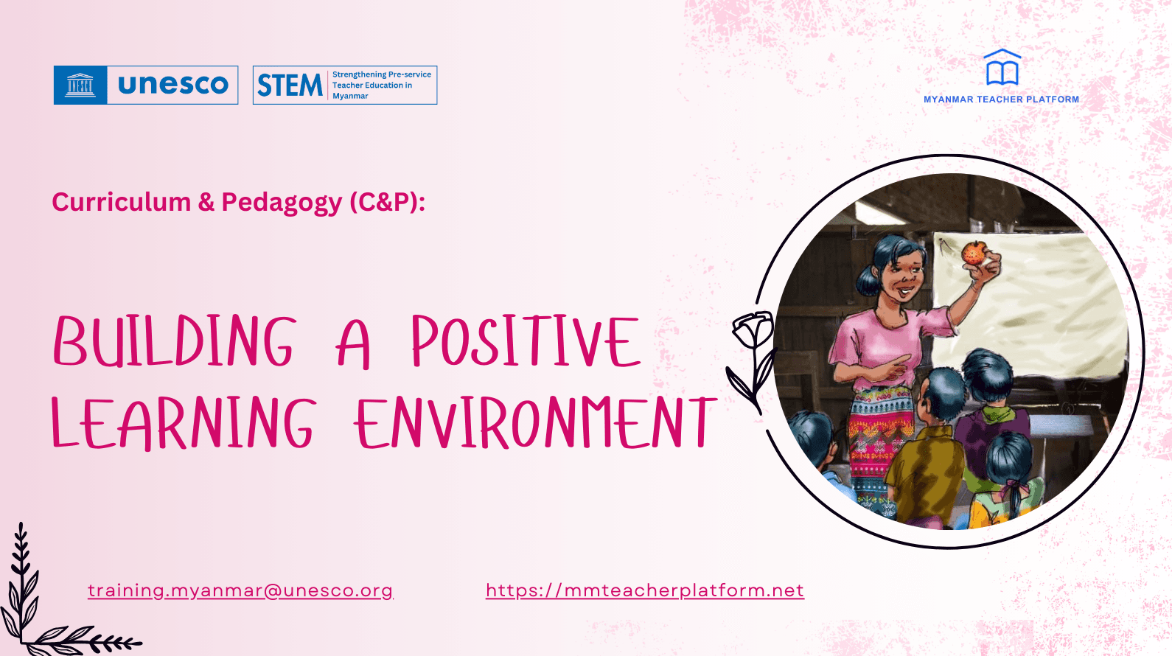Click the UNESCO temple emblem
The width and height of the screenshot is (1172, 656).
point(80,85)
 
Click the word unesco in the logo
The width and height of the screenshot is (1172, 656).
point(173,85)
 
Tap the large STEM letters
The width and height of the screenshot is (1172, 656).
point(290,86)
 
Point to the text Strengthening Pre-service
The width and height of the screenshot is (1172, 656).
point(381,74)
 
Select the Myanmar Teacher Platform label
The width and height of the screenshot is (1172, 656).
point(1001,100)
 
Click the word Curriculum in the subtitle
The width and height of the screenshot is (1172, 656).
point(121,202)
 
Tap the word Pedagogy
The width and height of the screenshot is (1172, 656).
point(282,203)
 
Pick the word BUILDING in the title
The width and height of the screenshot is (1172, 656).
point(175,341)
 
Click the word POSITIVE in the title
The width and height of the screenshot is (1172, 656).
point(526,341)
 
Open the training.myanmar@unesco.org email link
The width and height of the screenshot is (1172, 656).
point(240,590)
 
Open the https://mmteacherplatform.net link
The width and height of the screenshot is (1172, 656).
point(644,590)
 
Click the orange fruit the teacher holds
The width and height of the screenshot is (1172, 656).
point(974,253)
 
